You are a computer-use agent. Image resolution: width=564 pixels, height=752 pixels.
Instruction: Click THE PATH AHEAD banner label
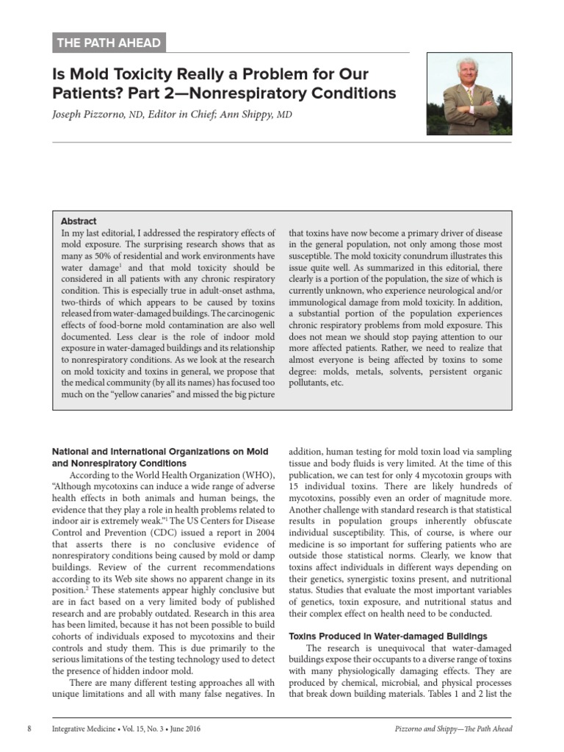(109, 43)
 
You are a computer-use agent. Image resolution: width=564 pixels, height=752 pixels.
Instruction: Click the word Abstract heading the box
(79, 221)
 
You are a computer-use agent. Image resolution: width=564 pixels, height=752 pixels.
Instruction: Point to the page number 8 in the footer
(29, 728)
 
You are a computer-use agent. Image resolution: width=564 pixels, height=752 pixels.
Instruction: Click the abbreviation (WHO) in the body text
(257, 474)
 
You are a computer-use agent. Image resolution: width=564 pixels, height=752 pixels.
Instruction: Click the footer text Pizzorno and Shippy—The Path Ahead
(452, 728)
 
